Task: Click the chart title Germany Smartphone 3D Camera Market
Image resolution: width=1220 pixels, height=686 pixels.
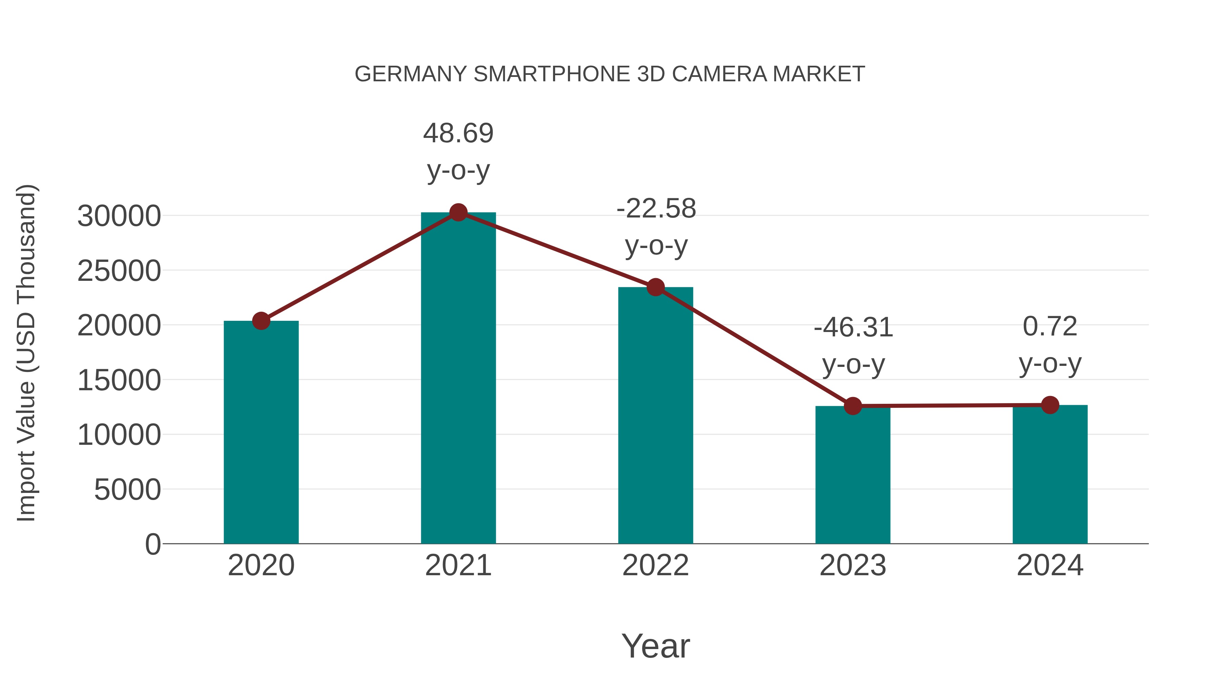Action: coord(610,74)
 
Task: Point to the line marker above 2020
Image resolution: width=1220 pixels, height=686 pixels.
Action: coord(261,321)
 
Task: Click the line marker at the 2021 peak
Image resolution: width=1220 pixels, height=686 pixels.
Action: coord(458,212)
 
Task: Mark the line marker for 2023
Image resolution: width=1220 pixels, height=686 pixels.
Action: coord(853,406)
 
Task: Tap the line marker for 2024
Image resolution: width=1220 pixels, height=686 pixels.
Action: coord(1050,405)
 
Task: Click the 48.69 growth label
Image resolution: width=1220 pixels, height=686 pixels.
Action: coord(458,133)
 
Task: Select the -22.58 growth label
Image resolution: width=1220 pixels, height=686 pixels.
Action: coord(656,209)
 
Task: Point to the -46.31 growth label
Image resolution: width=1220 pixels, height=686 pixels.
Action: coord(853,328)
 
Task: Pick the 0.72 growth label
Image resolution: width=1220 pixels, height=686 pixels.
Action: coord(1050,327)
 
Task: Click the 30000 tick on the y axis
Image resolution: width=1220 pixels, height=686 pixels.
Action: coord(119,216)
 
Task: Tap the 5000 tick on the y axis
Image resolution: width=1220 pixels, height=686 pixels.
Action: coord(127,490)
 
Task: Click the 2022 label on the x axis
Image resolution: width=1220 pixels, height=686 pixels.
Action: coord(655,565)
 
